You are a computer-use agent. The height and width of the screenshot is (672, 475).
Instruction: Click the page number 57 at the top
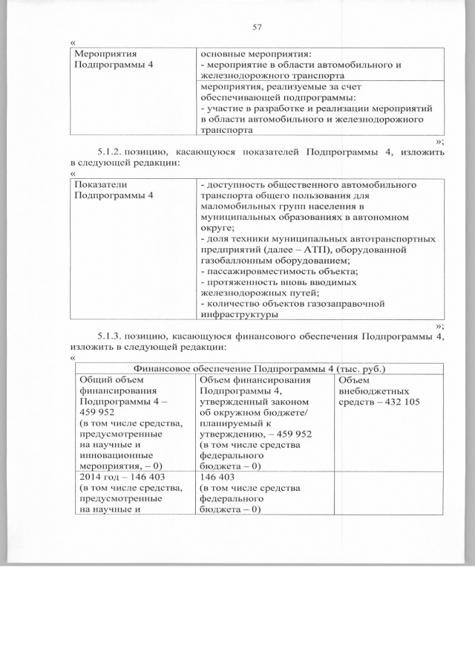pos(258,27)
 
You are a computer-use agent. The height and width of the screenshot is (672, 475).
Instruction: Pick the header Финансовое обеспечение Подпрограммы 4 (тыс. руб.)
pos(259,368)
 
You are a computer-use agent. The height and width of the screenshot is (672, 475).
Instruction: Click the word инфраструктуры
pos(237,314)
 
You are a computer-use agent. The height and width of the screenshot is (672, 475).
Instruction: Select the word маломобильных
pos(240,206)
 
